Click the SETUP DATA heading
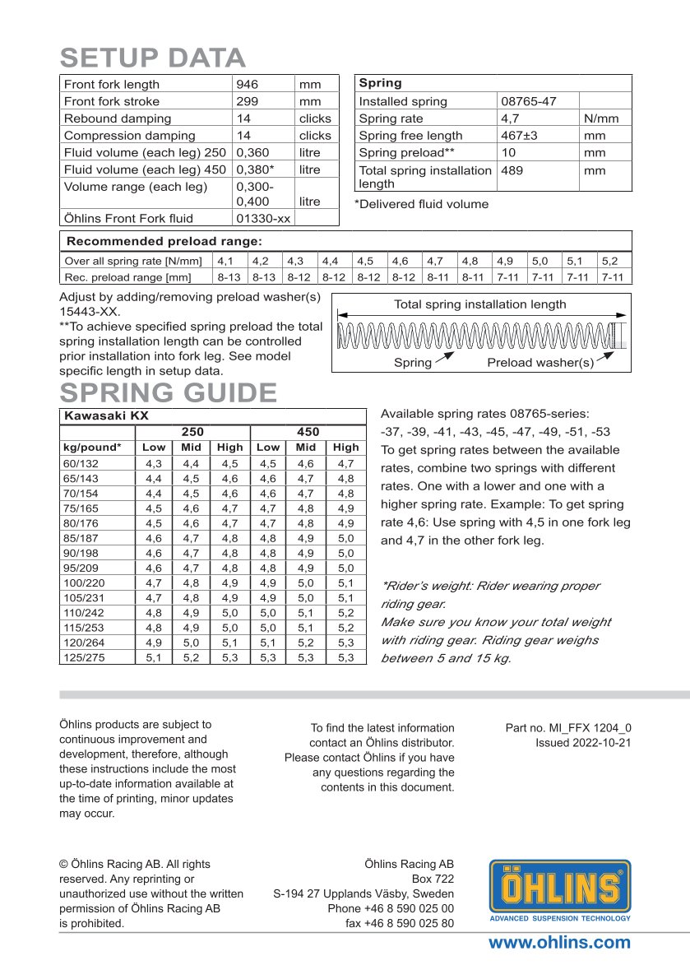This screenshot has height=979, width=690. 153,58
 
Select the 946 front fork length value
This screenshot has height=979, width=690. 247,84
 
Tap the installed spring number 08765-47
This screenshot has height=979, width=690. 528,101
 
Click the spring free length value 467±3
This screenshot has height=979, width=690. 519,136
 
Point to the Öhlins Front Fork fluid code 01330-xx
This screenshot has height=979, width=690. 263,218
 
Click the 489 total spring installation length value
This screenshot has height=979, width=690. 512,170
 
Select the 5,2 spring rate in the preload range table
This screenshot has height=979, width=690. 609,261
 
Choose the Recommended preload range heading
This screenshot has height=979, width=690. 164,241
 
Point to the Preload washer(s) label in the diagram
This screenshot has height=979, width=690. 540,363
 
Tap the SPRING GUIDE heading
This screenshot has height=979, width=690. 168,392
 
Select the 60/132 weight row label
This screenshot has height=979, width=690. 80,465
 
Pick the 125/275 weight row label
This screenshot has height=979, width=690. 83,657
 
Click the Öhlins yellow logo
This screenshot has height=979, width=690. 560,889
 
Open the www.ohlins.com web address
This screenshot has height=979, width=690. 559,943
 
